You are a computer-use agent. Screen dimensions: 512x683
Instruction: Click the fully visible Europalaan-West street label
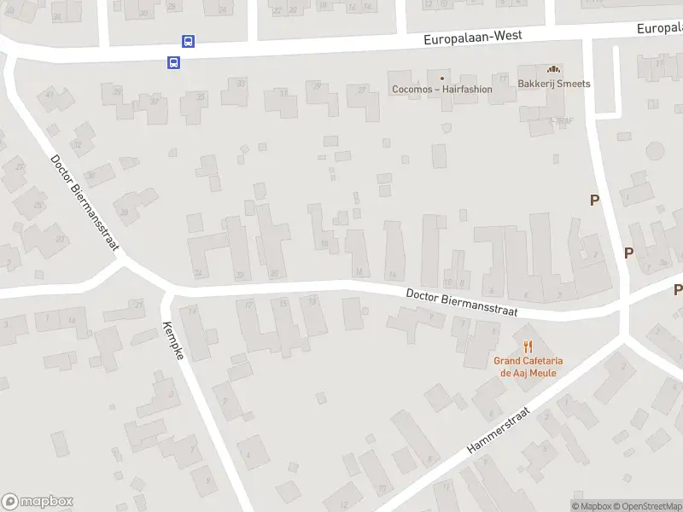pyautogui.click(x=473, y=37)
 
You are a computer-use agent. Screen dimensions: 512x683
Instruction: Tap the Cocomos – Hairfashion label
pyautogui.click(x=441, y=90)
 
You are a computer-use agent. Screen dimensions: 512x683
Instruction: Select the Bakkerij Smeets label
pyautogui.click(x=554, y=84)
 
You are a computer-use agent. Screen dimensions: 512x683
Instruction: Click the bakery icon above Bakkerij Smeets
pyautogui.click(x=554, y=69)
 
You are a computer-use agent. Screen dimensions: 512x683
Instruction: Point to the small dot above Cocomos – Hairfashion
pyautogui.click(x=441, y=78)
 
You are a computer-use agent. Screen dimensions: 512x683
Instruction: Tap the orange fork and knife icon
pyautogui.click(x=528, y=346)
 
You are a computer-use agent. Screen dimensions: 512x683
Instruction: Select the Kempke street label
pyautogui.click(x=172, y=340)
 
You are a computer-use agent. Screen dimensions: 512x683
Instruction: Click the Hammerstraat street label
pyautogui.click(x=499, y=430)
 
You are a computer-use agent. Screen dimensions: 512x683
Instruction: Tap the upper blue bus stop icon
pyautogui.click(x=188, y=41)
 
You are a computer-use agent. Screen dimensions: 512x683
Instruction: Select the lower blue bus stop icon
pyautogui.click(x=173, y=61)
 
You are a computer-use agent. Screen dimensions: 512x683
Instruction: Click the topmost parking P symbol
pyautogui.click(x=595, y=200)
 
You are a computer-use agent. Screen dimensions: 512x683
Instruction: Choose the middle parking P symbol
pyautogui.click(x=629, y=253)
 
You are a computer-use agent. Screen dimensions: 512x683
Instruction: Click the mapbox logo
pyautogui.click(x=37, y=502)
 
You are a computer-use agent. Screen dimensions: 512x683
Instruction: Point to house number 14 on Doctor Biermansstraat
pyautogui.click(x=393, y=274)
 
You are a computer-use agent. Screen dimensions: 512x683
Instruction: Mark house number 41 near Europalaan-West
pyautogui.click(x=50, y=94)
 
